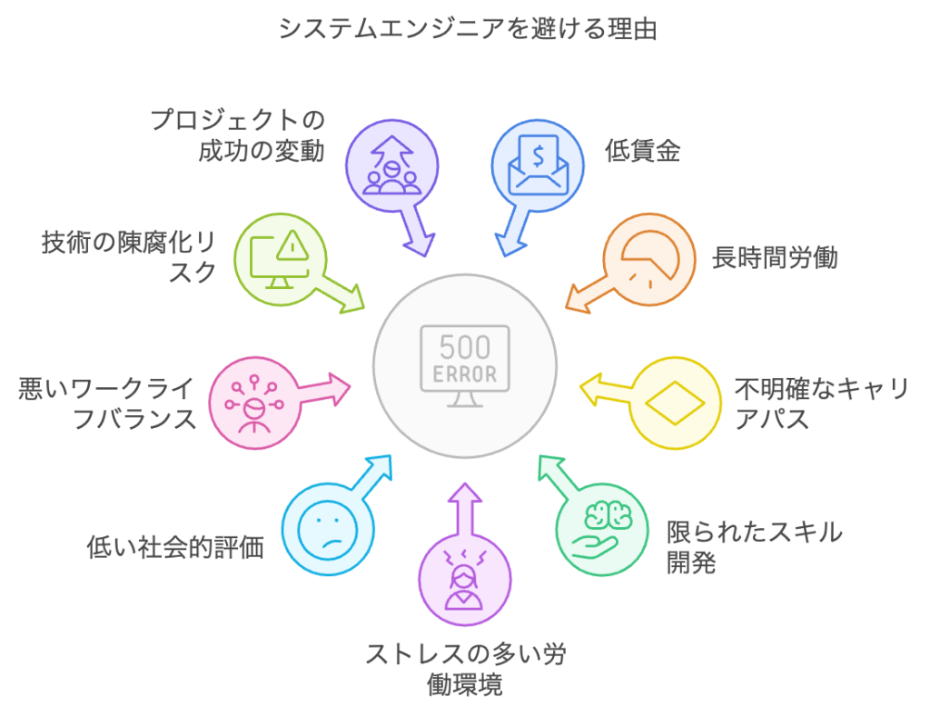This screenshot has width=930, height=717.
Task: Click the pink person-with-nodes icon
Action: (254, 402)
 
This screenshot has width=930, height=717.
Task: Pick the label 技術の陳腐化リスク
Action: (128, 257)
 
